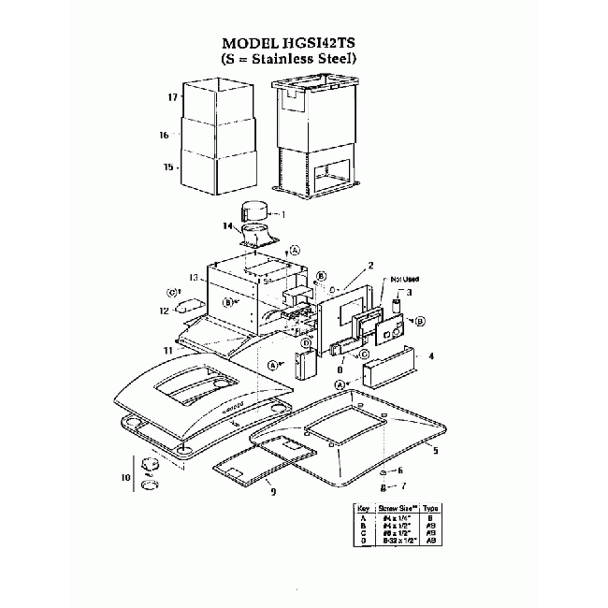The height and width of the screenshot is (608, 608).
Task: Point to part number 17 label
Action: click(172, 97)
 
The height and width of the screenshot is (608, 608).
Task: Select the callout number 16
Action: click(164, 135)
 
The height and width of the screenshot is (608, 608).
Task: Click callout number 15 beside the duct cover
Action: click(168, 167)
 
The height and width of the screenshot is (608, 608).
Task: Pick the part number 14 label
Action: click(227, 225)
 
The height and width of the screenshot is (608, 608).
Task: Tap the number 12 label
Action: click(163, 310)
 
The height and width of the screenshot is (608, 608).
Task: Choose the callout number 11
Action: click(167, 350)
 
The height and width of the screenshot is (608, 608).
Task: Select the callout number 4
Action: click(431, 355)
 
